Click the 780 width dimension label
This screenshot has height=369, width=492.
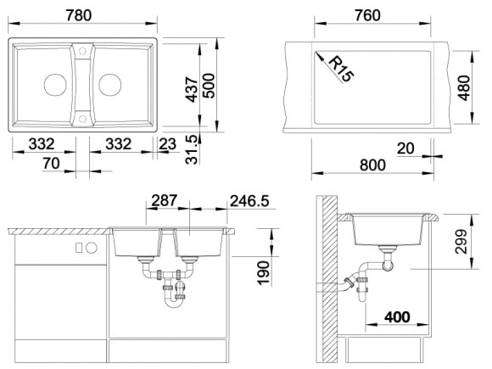click(x=79, y=15)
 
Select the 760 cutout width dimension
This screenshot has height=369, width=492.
click(x=367, y=15)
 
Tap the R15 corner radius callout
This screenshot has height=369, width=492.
click(x=341, y=69)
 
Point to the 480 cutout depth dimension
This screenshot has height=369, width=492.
click(x=464, y=88)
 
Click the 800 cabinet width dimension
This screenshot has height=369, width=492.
click(x=372, y=165)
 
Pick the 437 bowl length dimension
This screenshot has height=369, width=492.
click(x=192, y=89)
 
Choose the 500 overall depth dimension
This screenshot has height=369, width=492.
click(x=209, y=86)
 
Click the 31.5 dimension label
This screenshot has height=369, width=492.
click(x=192, y=149)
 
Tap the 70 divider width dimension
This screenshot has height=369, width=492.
click(x=52, y=164)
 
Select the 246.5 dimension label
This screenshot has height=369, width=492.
click(x=249, y=201)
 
